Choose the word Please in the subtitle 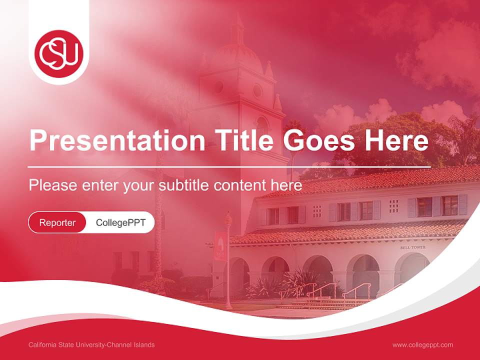51,185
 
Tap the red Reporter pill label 57,222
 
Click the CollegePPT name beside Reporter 120,222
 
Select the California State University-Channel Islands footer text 91,345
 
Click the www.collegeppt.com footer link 422,345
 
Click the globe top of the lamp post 228,218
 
